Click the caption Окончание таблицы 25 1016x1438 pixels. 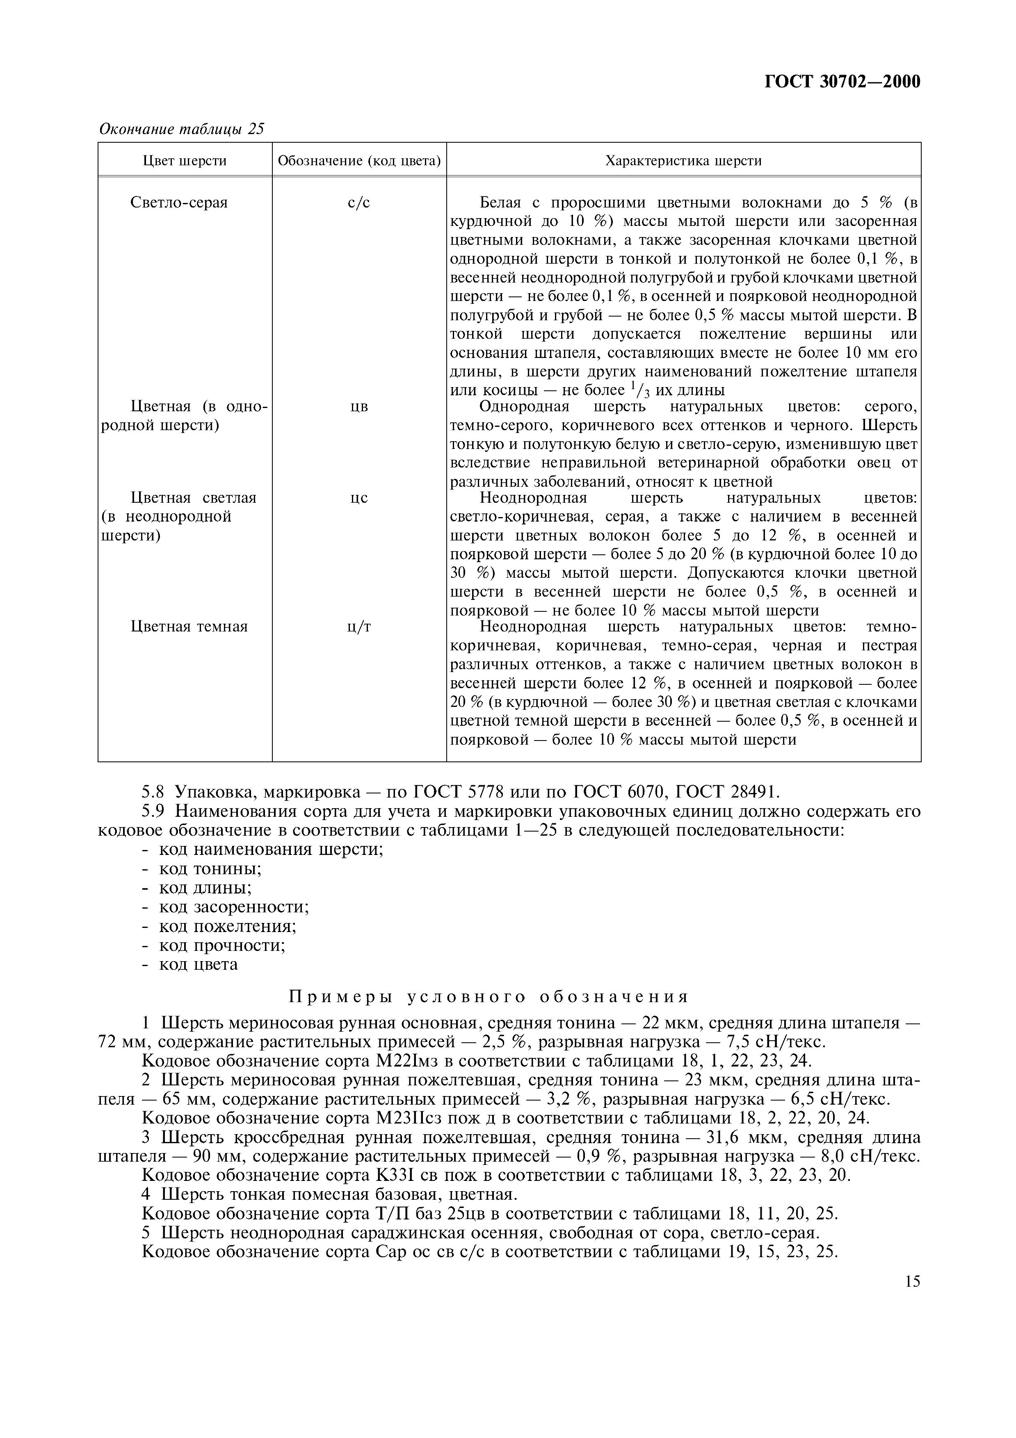click(182, 129)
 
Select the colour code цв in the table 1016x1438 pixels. click(359, 407)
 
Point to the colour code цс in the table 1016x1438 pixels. click(359, 499)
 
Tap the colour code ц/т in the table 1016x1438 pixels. click(359, 627)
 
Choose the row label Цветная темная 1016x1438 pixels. click(189, 627)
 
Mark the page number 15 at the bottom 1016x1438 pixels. click(912, 1281)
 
